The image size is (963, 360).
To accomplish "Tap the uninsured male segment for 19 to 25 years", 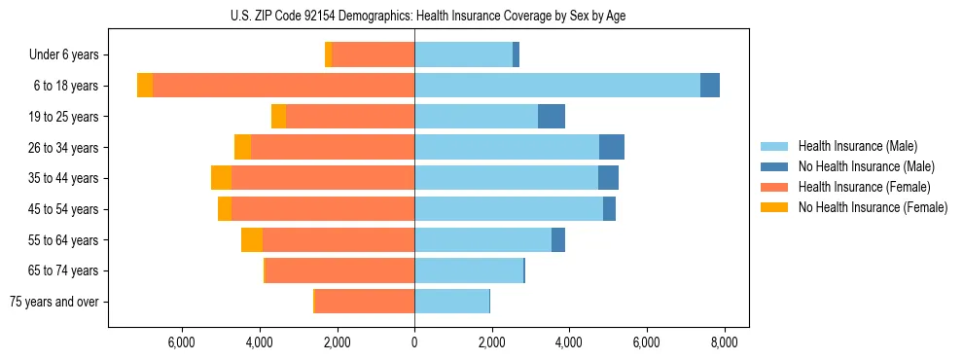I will pos(552,117).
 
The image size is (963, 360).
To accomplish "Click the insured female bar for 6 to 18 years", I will pos(283,86).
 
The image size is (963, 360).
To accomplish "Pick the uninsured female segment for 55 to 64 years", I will pos(252,240).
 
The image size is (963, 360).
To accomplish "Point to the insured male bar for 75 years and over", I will pos(451,302).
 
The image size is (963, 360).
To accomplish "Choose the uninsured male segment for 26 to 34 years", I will pos(612,148).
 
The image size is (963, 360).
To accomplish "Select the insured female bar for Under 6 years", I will pos(373,54).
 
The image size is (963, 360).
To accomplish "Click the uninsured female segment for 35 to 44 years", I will pos(221,178).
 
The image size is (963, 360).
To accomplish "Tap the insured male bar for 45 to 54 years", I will pos(509,209).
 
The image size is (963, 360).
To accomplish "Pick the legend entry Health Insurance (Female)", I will pos(864,187).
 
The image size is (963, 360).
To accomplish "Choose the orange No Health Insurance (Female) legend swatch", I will pos(774,207).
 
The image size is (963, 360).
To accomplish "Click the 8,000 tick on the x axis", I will pos(724,342).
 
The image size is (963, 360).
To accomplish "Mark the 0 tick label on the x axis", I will pos(414,342).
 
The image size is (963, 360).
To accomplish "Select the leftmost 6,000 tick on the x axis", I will pos(183,342).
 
